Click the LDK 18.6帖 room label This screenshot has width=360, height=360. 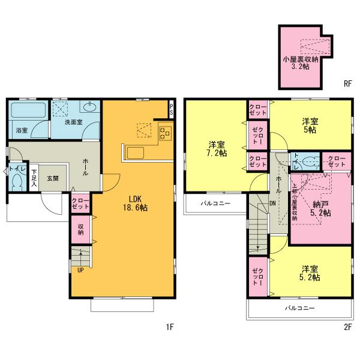point(138,203)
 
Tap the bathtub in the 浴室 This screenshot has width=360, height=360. point(28,111)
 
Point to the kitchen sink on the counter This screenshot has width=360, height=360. point(134,152)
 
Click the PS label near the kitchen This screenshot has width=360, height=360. point(171,111)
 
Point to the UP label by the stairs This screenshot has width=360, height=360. point(80,269)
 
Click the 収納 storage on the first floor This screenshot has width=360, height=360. point(80,229)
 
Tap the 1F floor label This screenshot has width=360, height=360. point(170,327)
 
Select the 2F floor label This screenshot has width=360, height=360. point(347,327)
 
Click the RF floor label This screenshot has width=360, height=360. point(347,83)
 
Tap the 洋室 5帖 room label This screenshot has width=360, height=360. point(310,125)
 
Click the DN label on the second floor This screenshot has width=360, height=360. point(272,203)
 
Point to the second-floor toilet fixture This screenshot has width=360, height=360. point(309,161)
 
